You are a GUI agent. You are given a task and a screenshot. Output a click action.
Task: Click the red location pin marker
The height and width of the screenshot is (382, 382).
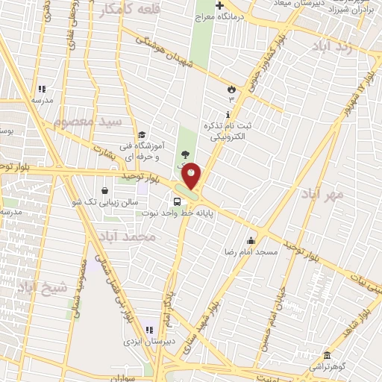(192, 175)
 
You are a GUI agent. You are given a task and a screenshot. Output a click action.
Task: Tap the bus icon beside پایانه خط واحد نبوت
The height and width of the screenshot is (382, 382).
(177, 201)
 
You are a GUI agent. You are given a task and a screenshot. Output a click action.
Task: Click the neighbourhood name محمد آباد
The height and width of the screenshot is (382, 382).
(127, 237)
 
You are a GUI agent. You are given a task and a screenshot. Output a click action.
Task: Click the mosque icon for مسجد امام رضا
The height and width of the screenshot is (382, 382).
(251, 240)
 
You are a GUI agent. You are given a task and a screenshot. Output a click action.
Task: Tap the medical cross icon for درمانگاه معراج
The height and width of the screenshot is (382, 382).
(219, 6)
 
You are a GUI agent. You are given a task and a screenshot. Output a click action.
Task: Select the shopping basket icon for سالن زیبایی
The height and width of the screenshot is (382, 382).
(104, 190)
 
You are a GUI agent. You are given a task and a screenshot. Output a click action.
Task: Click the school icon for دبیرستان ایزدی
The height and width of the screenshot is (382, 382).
(148, 330)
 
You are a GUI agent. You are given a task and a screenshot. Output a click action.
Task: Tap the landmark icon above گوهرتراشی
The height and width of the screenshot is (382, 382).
(327, 354)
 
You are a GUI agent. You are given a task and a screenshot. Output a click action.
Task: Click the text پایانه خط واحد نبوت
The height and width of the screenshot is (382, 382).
(190, 213)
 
